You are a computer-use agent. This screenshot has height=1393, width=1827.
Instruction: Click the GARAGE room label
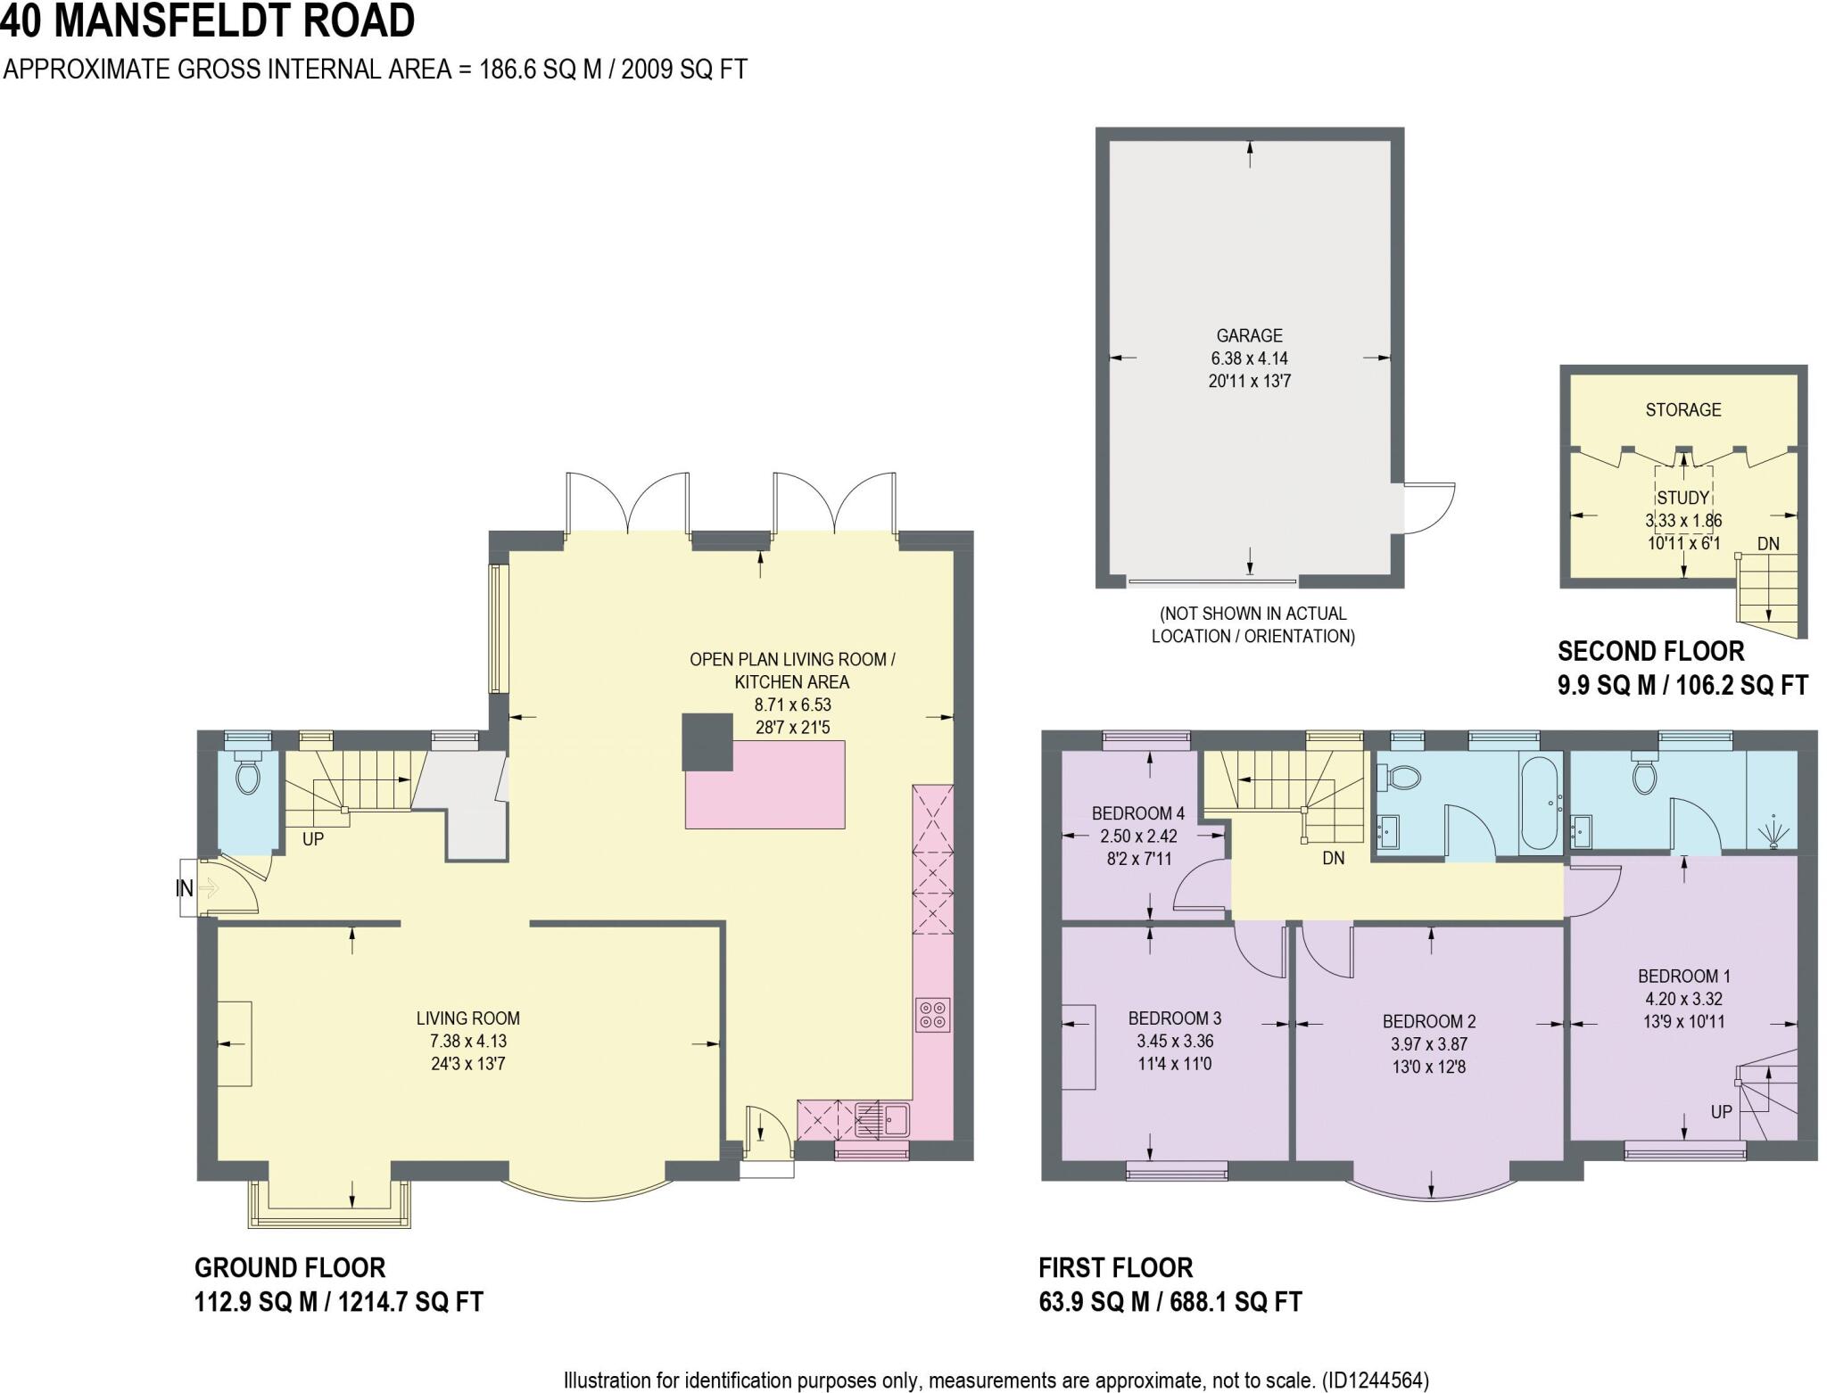point(1249,335)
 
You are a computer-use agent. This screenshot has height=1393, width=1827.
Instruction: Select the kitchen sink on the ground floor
point(883,1118)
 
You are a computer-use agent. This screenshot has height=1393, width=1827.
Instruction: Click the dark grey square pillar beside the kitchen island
point(707,742)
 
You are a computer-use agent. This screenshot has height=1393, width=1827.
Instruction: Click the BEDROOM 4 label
point(1137,813)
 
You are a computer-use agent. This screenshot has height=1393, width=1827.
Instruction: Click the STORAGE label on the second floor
point(1682,409)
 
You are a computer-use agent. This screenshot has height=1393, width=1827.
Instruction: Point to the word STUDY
point(1682,498)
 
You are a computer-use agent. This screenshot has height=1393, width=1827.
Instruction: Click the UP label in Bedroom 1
point(1721,1112)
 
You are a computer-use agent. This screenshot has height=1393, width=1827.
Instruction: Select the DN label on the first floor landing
point(1333,858)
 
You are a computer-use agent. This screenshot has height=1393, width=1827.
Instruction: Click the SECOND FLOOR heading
point(1650,650)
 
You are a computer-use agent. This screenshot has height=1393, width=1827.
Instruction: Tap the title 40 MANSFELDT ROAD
point(207,21)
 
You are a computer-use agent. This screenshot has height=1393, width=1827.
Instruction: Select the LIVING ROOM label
point(467,1018)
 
